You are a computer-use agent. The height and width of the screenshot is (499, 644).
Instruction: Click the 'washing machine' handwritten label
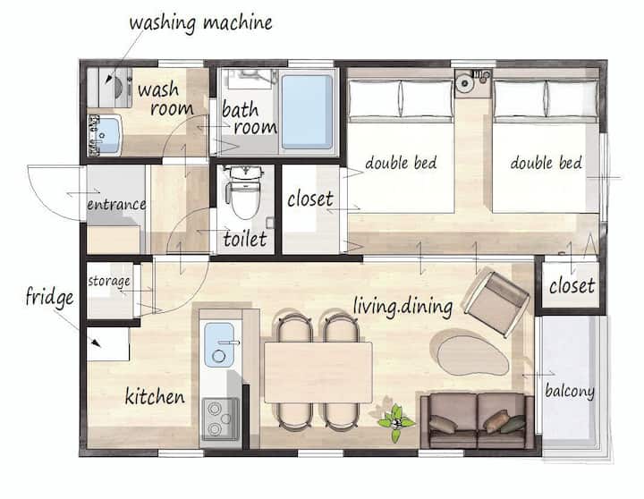pyautogui.click(x=201, y=23)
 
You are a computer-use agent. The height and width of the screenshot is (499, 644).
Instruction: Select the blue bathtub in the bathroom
pyautogui.click(x=307, y=111)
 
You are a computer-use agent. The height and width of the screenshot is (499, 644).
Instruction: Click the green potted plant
pyautogui.click(x=395, y=422)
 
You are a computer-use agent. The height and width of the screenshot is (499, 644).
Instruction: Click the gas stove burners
pyautogui.click(x=219, y=419)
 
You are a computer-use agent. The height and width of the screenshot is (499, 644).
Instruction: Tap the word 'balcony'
pyautogui.click(x=570, y=392)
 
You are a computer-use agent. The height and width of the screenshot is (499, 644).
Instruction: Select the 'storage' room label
pyautogui.click(x=109, y=282)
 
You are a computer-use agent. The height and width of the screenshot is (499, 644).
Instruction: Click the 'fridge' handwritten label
pyautogui.click(x=50, y=297)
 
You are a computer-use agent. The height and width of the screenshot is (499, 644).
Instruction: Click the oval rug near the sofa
pyautogui.click(x=473, y=356)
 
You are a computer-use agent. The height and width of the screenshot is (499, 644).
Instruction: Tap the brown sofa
pyautogui.click(x=478, y=420)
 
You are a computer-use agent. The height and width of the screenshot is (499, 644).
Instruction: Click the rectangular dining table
pyautogui.click(x=318, y=372)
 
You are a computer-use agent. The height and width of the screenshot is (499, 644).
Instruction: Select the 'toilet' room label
pyautogui.click(x=245, y=239)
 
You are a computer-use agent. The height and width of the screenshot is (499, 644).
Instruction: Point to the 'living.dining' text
pyautogui.click(x=402, y=307)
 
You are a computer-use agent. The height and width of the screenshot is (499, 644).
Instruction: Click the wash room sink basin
pyautogui.click(x=106, y=136)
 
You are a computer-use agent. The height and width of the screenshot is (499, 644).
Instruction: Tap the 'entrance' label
pyautogui.click(x=116, y=204)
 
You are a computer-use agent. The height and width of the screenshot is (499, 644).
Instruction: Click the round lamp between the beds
pyautogui.click(x=465, y=83)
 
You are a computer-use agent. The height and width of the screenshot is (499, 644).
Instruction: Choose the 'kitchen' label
pyautogui.click(x=155, y=396)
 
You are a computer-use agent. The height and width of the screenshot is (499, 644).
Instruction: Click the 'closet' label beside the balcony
pyautogui.click(x=572, y=285)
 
